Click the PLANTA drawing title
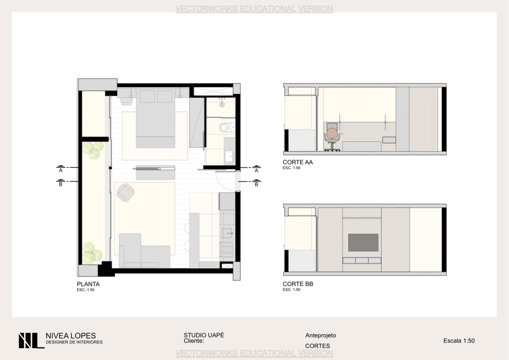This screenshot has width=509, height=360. (x=88, y=284)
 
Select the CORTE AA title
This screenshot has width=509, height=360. (x=298, y=162)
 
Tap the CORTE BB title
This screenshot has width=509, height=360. (x=298, y=284)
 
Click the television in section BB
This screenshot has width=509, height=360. (x=363, y=243)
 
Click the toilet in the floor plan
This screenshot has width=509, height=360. (x=225, y=128)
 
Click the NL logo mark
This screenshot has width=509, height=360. (x=31, y=341)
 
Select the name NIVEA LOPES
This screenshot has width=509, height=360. (x=71, y=336)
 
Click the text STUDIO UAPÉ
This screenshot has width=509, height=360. (x=204, y=335)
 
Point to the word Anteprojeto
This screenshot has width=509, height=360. (x=321, y=335)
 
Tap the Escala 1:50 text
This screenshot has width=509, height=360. (x=459, y=341)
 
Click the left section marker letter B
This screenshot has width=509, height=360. (x=61, y=184)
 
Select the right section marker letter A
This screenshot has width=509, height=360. (x=256, y=171)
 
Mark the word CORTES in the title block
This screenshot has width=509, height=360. (x=318, y=346)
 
